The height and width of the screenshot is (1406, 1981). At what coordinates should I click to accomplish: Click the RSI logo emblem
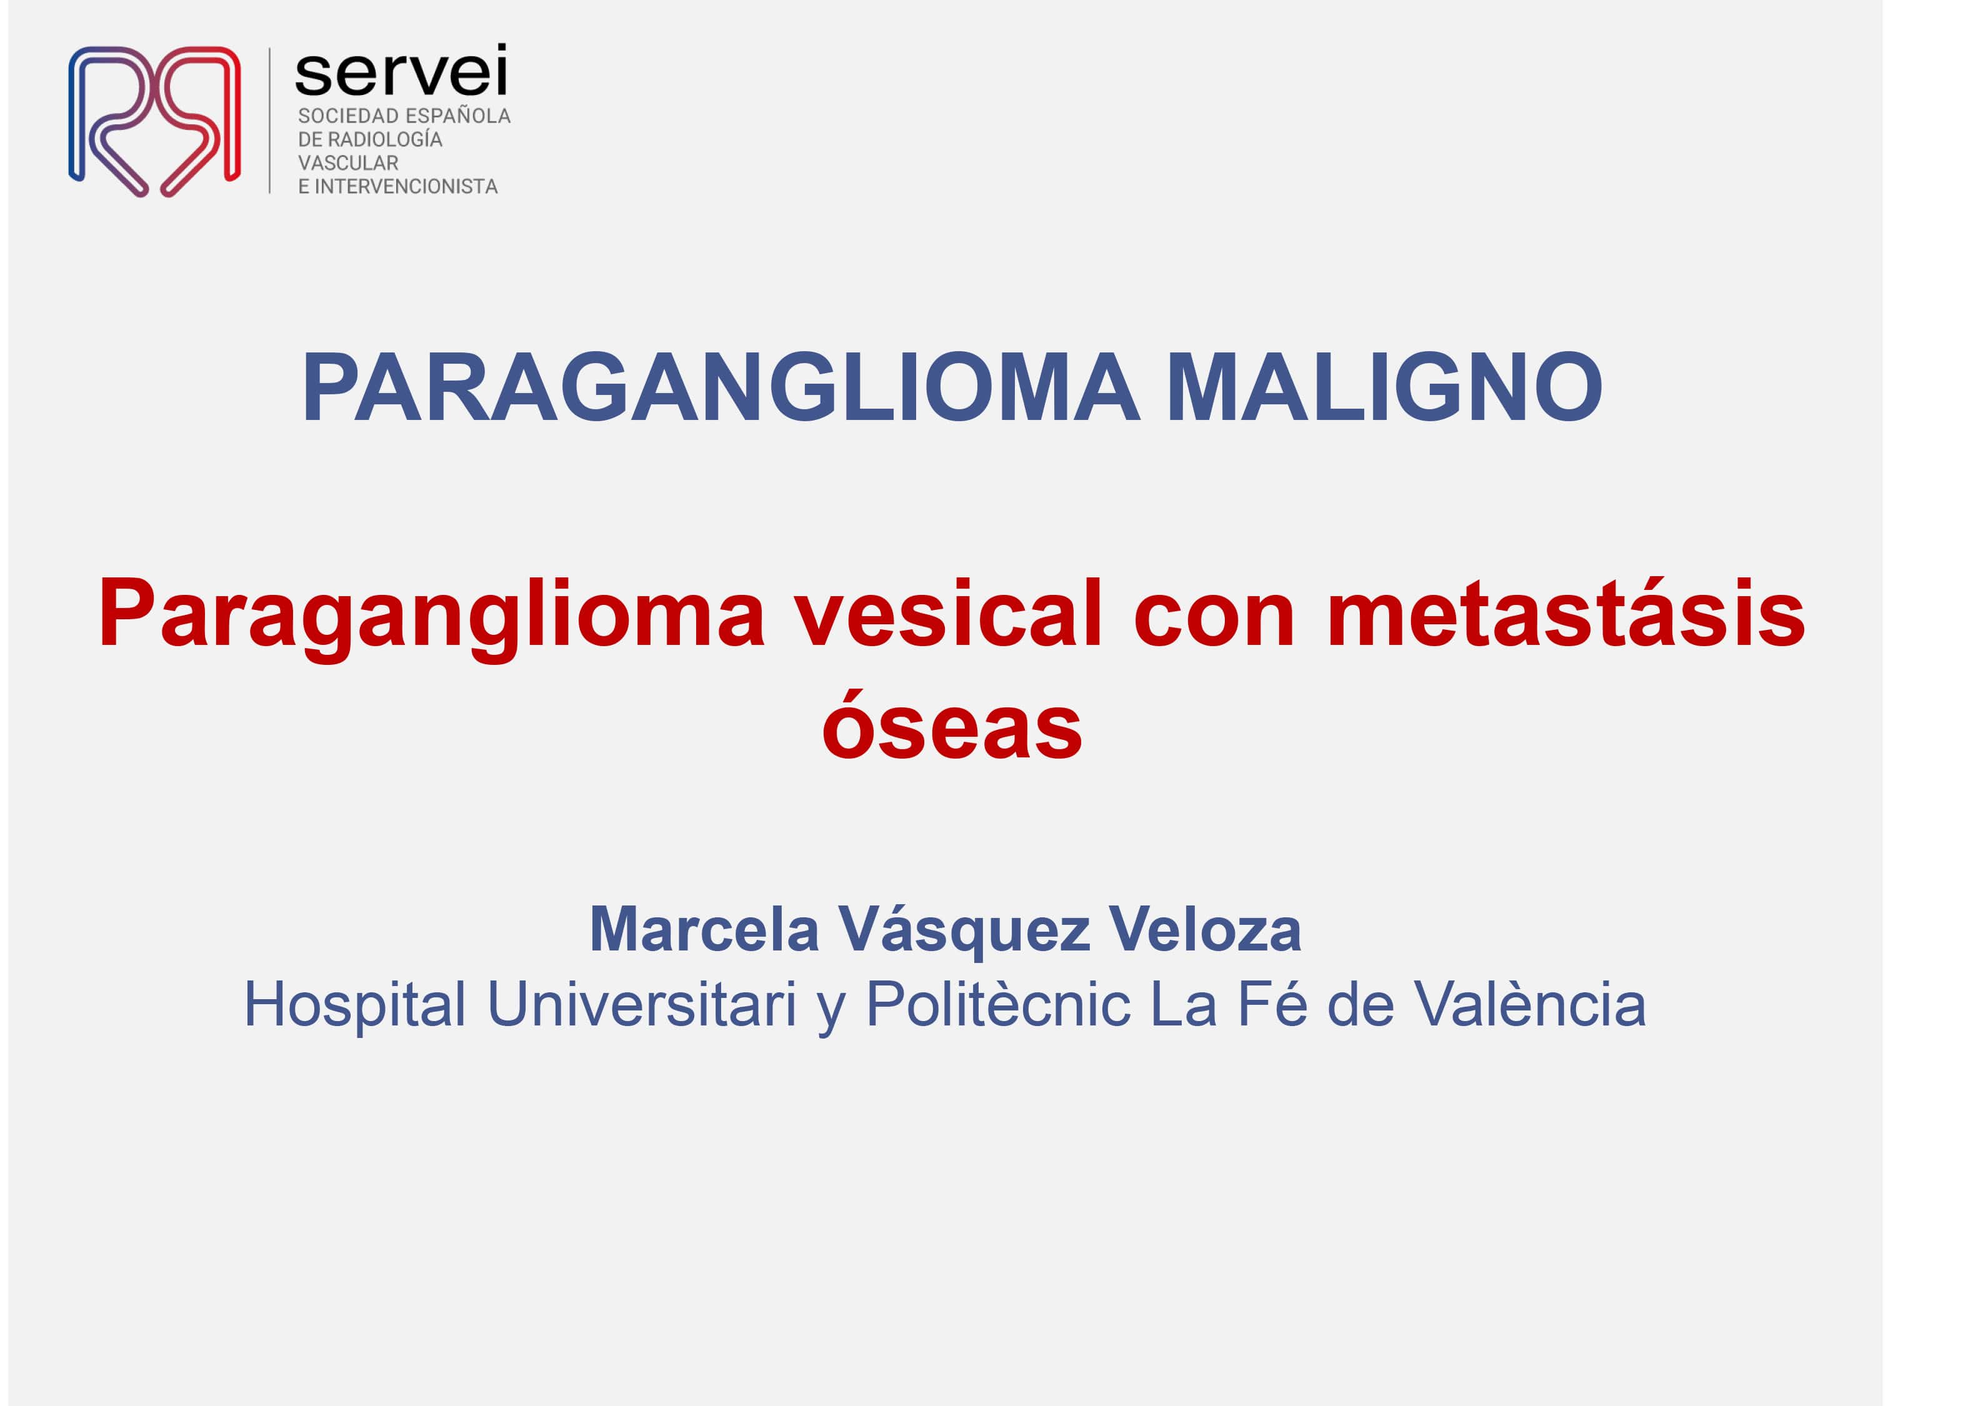154,121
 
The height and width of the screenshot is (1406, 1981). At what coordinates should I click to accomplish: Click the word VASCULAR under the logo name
348,162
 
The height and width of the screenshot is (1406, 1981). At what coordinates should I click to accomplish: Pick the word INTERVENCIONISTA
406,186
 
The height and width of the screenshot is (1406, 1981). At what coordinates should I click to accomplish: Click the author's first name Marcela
704,930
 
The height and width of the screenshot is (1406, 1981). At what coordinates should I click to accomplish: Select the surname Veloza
1205,930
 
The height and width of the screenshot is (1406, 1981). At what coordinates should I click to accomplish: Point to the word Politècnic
998,1004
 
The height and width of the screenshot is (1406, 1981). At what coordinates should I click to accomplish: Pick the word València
1530,1004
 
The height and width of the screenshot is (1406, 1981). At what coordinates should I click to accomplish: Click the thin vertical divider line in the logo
270,121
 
